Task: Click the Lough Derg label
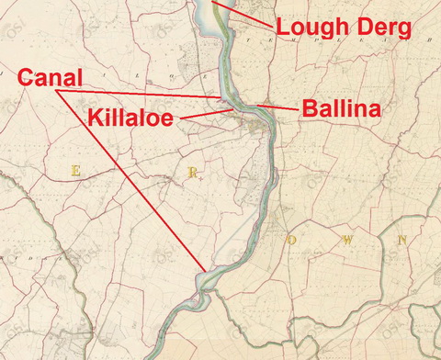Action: pos(345,28)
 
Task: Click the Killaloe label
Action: pos(131,117)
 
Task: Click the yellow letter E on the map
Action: pos(76,171)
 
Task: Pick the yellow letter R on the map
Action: pos(190,172)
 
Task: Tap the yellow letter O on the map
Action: pos(293,239)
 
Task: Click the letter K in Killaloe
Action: pos(96,117)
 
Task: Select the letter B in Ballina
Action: pos(309,109)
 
